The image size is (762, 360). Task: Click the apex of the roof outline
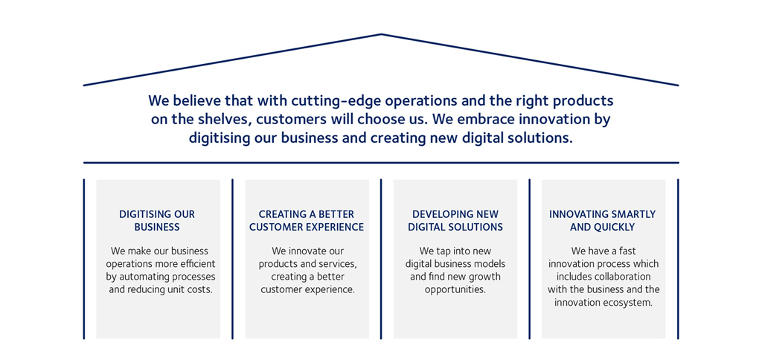pos(381,34)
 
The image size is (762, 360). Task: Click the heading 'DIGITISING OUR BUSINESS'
pos(157,221)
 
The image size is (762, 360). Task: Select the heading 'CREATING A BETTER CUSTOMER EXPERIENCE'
pos(307,221)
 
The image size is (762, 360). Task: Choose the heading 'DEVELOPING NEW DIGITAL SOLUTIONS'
pos(455,221)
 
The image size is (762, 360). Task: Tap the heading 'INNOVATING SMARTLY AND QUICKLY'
pos(603,221)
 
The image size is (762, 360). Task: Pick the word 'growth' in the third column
pos(484,277)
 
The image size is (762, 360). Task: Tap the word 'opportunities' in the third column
pos(455,289)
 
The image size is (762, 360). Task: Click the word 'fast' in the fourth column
pos(625,251)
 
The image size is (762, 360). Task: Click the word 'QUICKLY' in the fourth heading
pos(615,227)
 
